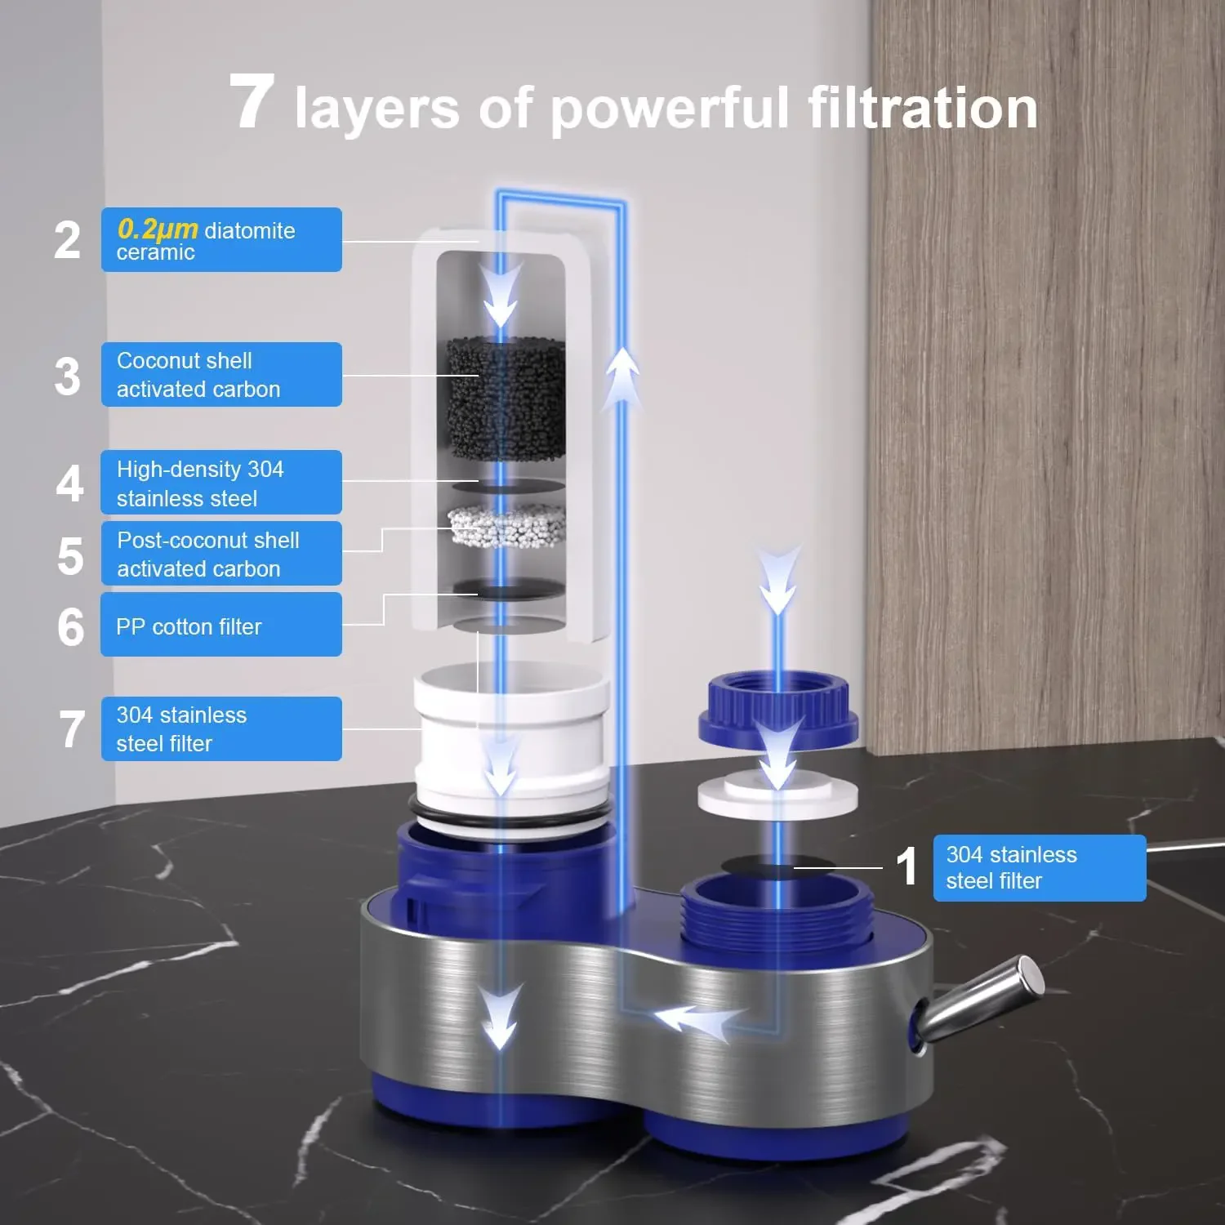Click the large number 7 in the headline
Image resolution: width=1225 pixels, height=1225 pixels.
[x=251, y=102]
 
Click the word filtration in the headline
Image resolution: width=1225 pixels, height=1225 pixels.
[x=923, y=108]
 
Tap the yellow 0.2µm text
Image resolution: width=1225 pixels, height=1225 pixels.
[x=158, y=229]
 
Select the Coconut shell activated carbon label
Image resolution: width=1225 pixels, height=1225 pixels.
[x=221, y=375]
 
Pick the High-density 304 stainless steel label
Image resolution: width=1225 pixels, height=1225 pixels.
[x=221, y=483]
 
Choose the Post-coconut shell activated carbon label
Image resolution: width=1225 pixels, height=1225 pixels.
[x=221, y=554]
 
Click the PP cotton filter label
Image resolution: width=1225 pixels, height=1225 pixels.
[x=221, y=626]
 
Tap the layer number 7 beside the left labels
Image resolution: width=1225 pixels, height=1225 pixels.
[x=72, y=729]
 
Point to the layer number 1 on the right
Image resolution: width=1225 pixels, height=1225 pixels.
[x=906, y=866]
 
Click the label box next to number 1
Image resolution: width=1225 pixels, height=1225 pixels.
[x=1039, y=867]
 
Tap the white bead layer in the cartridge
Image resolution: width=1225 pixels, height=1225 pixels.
[x=506, y=525]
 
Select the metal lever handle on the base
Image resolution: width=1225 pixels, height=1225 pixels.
[x=980, y=1000]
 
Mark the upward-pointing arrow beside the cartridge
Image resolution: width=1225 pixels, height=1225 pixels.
[x=623, y=376]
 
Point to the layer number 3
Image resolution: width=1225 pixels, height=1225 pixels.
[x=68, y=376]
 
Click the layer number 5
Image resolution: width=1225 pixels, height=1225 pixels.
[x=70, y=556]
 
